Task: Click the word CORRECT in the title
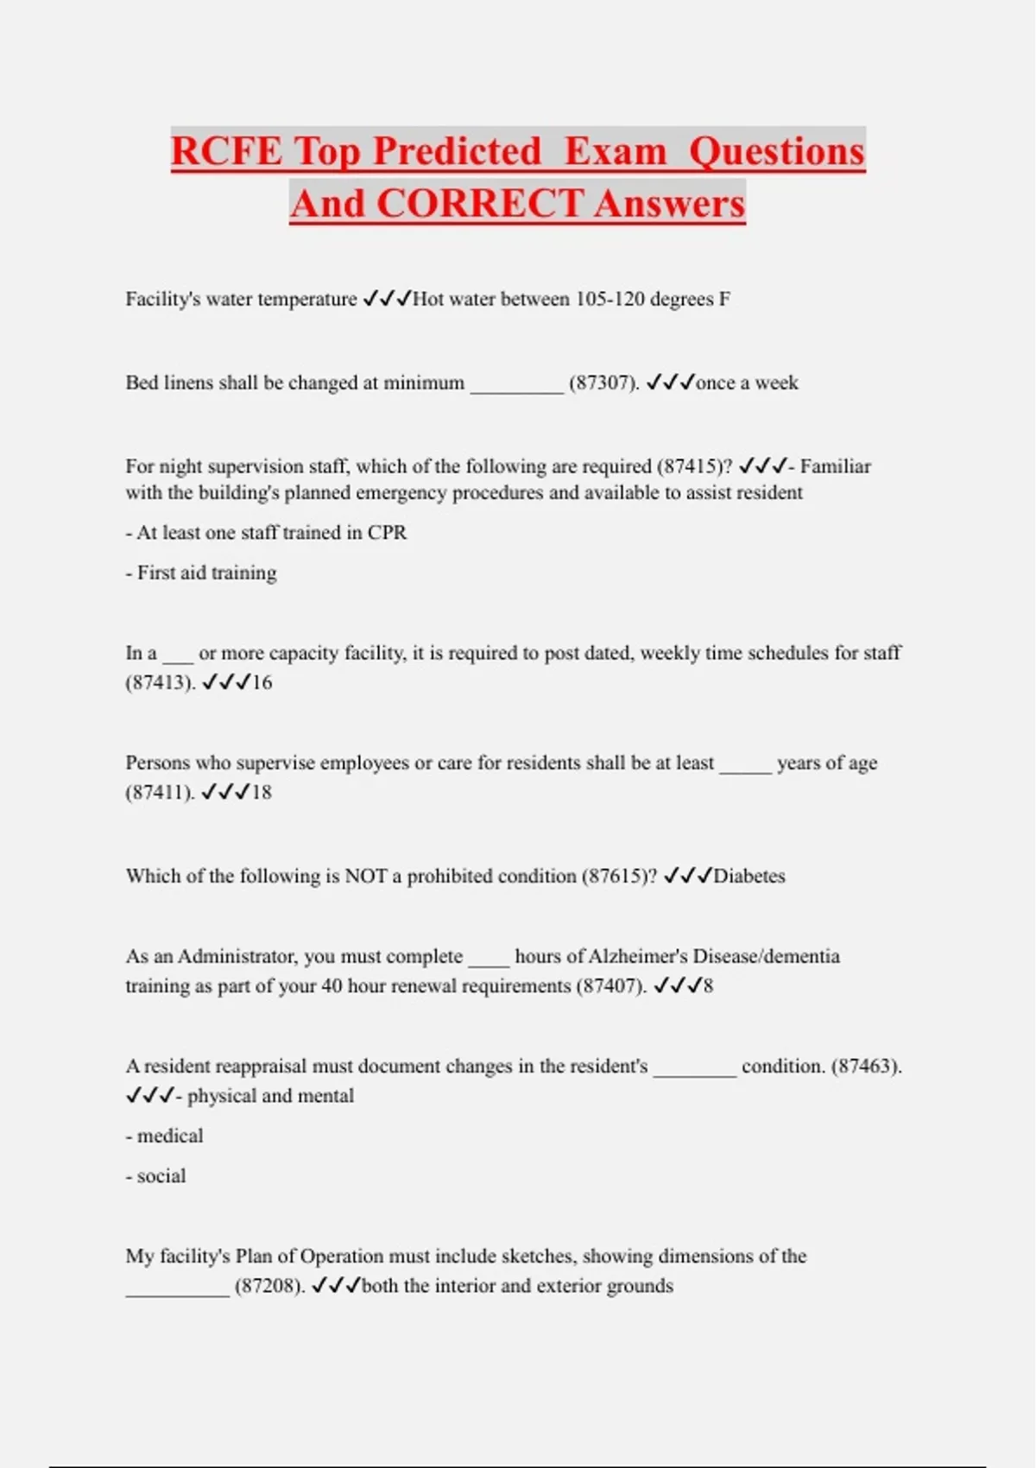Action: point(478,205)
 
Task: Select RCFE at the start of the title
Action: point(226,152)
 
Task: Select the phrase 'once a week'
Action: point(747,383)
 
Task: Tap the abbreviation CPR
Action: point(387,533)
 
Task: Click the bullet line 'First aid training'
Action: point(201,573)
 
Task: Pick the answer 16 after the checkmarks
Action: point(262,683)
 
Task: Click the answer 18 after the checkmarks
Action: point(262,793)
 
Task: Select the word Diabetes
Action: point(749,876)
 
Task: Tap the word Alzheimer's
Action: point(637,957)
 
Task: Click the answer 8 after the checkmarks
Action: point(708,986)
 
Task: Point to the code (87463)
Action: point(866,1066)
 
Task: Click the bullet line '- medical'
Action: point(164,1136)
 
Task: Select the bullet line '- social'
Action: point(155,1176)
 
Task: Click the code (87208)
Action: point(269,1287)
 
